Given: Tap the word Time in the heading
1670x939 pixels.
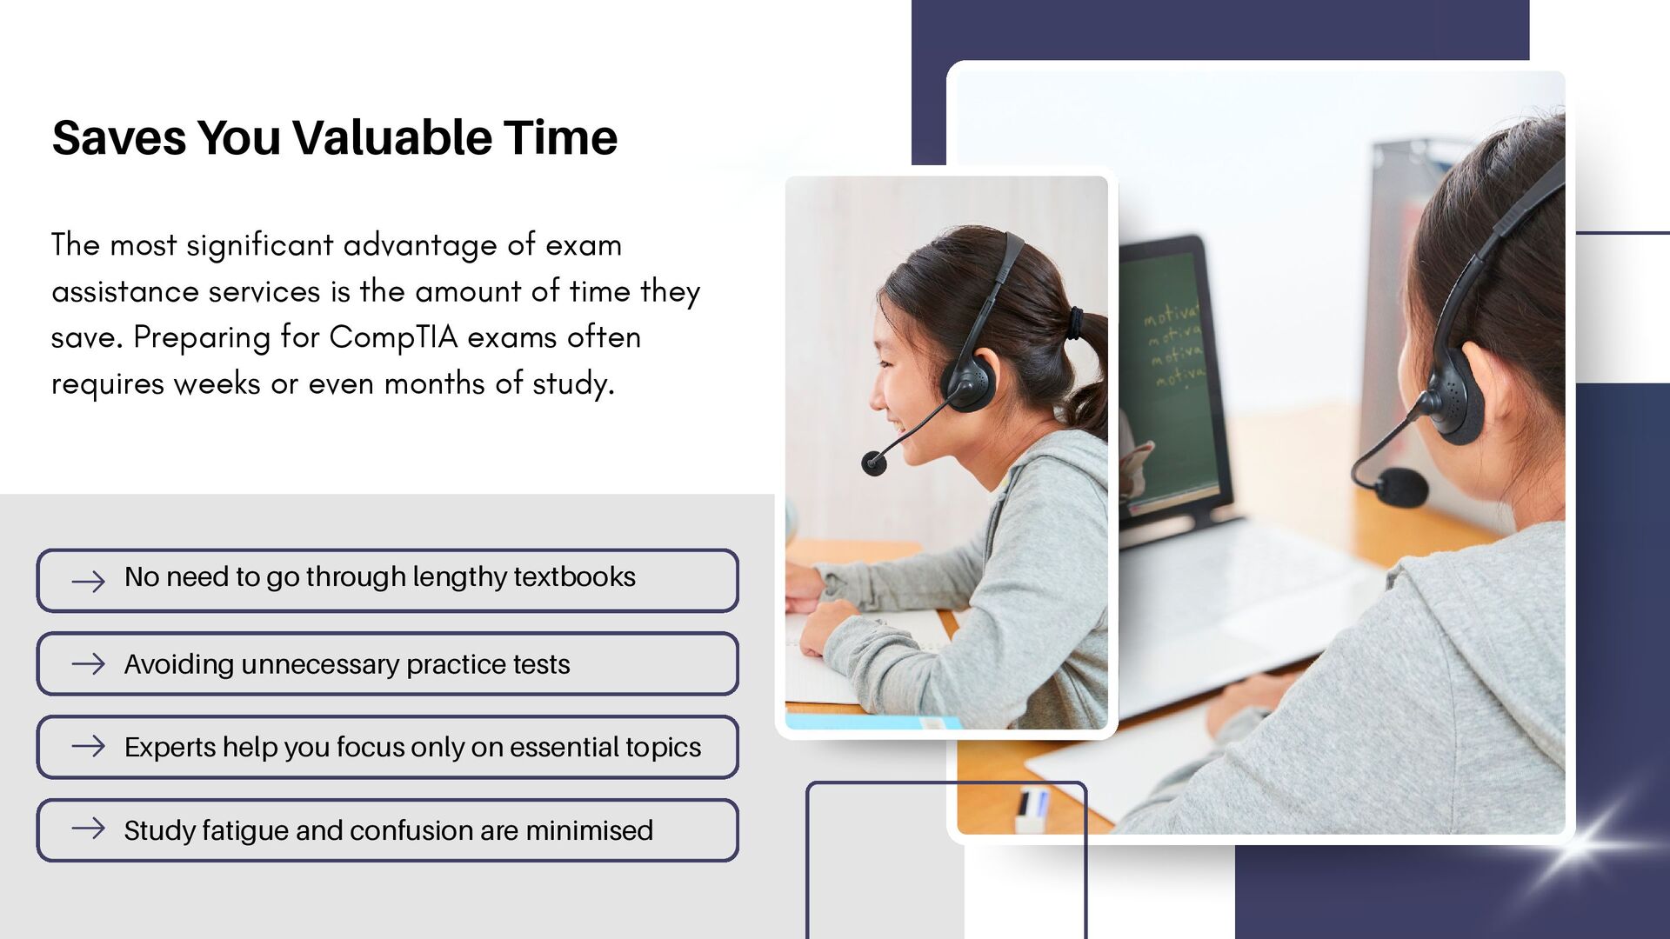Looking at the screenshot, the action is click(561, 137).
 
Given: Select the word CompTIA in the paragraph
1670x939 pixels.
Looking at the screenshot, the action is click(393, 337).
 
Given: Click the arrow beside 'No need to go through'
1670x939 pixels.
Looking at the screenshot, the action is click(88, 581).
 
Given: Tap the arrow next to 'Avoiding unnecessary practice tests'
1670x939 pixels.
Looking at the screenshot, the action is click(88, 664).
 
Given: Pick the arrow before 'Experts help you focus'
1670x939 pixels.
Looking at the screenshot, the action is click(88, 747).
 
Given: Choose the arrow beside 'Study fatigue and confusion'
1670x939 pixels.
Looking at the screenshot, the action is click(88, 829).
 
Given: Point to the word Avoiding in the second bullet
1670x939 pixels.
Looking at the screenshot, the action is click(179, 665).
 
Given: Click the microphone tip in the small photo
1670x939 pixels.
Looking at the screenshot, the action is click(873, 463).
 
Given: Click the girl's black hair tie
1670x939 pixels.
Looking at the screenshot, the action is click(1078, 323).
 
